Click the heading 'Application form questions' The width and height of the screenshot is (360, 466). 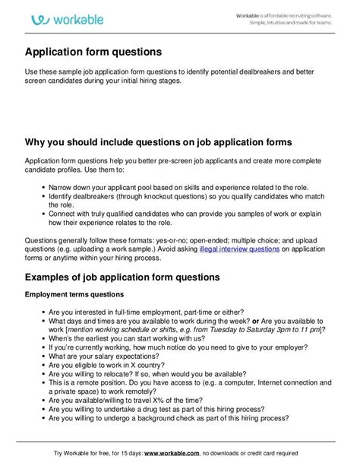pyautogui.click(x=93, y=52)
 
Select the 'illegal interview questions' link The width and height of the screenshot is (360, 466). pyautogui.click(x=238, y=248)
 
